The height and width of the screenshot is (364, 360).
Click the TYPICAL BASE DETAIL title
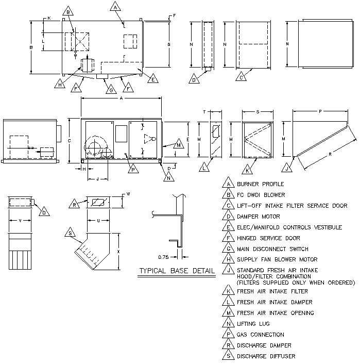pyautogui.click(x=177, y=271)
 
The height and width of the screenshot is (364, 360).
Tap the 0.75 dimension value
pyautogui.click(x=163, y=257)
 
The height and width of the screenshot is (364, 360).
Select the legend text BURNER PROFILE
pyautogui.click(x=260, y=184)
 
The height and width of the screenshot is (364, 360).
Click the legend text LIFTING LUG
pyautogui.click(x=253, y=324)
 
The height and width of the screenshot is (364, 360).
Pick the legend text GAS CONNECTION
pyautogui.click(x=260, y=335)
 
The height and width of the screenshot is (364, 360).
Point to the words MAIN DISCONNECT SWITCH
pyautogui.click(x=272, y=249)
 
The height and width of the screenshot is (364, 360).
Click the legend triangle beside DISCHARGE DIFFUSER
pyautogui.click(x=229, y=355)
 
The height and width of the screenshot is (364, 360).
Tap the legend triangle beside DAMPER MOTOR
pyautogui.click(x=229, y=215)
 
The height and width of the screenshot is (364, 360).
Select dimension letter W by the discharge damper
pyautogui.click(x=128, y=194)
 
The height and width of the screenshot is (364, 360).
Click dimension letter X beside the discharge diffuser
pyautogui.click(x=118, y=252)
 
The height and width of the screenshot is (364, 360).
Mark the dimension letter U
pyautogui.click(x=98, y=221)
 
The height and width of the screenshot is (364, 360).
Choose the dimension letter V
pyautogui.click(x=20, y=221)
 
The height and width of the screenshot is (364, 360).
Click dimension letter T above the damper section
pyautogui.click(x=204, y=112)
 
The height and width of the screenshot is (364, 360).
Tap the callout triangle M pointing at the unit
pyautogui.click(x=179, y=144)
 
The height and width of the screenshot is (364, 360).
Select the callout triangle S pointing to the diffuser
pyautogui.click(x=70, y=233)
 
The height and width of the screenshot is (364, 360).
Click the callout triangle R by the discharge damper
pyautogui.click(x=74, y=204)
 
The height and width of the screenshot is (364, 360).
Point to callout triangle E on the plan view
pyautogui.click(x=153, y=78)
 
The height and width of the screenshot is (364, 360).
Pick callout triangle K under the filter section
pyautogui.click(x=247, y=170)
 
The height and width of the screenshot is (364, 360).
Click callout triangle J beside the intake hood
pyautogui.click(x=287, y=168)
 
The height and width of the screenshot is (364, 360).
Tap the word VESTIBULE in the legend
pyautogui.click(x=328, y=227)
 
